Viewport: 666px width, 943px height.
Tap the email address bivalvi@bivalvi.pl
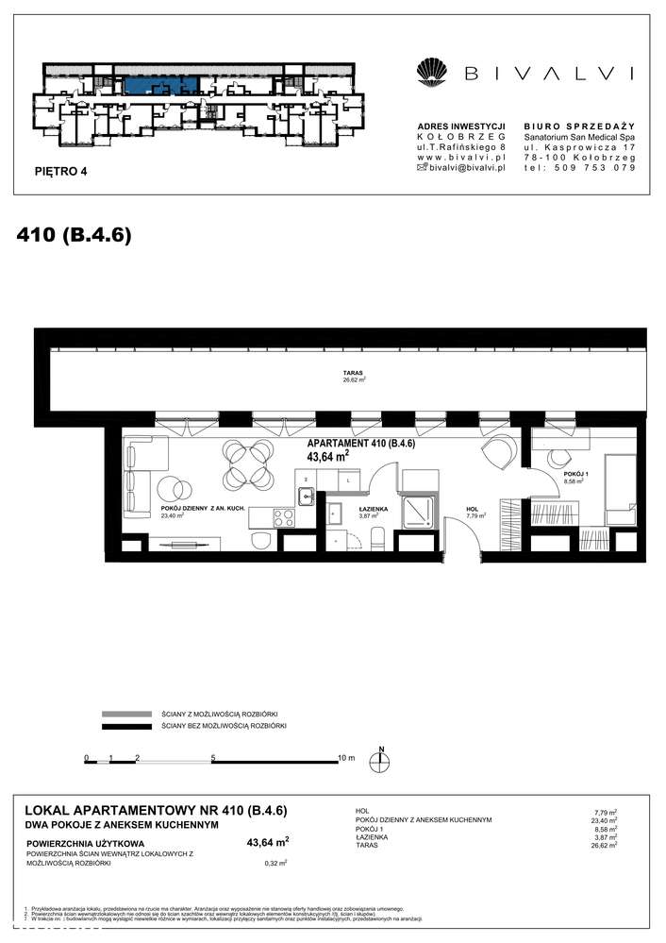[x=461, y=167]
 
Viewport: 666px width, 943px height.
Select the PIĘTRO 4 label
[x=59, y=172]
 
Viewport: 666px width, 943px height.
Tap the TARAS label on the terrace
[x=353, y=373]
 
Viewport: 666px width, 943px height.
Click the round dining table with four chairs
[x=243, y=463]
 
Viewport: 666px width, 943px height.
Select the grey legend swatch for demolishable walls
[x=125, y=714]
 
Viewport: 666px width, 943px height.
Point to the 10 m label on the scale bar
[x=345, y=758]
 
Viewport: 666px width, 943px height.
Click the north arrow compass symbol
[x=382, y=764]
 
